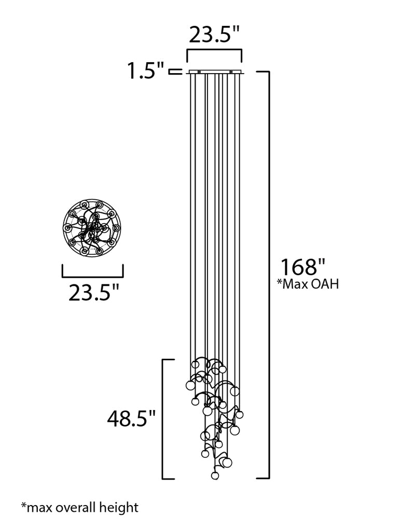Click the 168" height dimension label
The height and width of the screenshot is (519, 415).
tap(303, 267)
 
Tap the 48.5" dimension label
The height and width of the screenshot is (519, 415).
tap(131, 418)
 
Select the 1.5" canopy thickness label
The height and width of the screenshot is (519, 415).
tap(146, 70)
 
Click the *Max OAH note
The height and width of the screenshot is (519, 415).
tap(308, 284)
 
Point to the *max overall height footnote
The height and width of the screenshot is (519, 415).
tap(80, 508)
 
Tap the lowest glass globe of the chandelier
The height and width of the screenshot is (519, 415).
tap(215, 475)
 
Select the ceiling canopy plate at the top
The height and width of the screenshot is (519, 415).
tap(215, 72)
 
